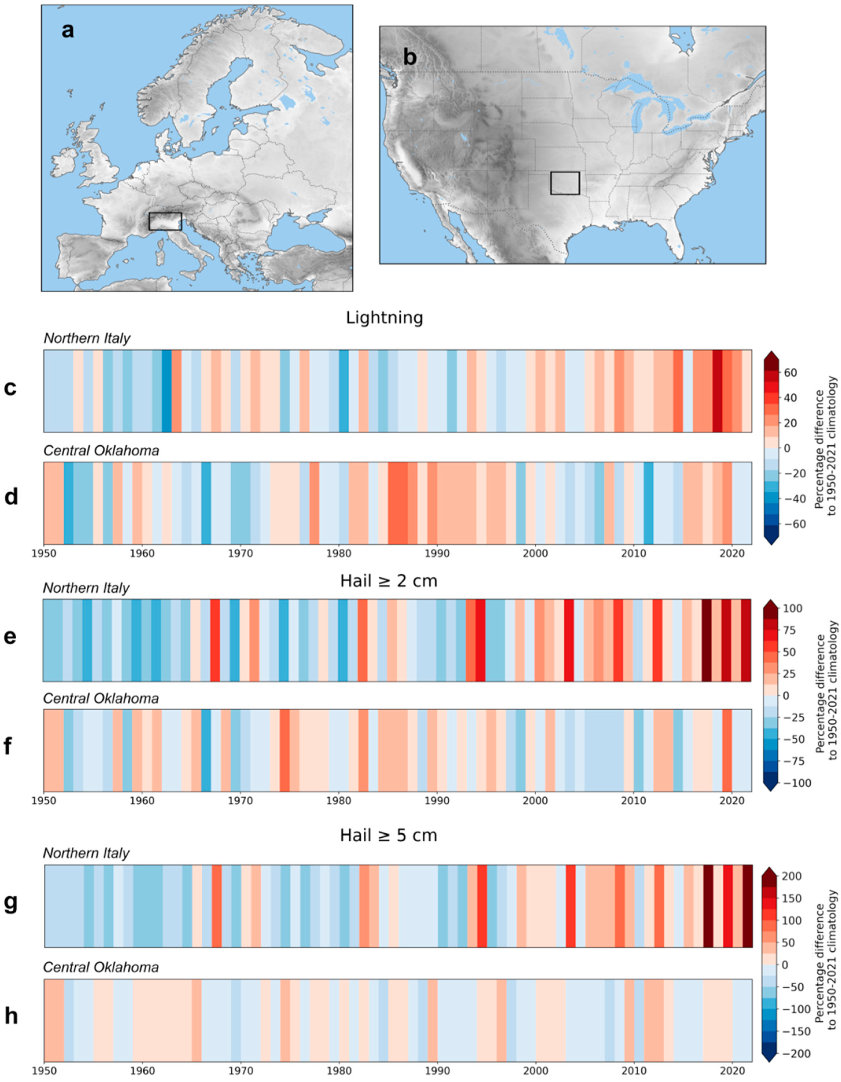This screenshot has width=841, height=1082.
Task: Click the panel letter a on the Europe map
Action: tap(68, 31)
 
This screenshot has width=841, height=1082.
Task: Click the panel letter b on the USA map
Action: tap(410, 58)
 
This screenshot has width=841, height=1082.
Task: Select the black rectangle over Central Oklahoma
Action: tap(565, 183)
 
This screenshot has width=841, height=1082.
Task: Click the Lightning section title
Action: tap(384, 318)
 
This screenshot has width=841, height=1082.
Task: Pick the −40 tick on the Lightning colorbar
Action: tap(793, 499)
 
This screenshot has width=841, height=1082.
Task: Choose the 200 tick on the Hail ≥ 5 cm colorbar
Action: tap(792, 876)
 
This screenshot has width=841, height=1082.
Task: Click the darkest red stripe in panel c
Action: tap(717, 390)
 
